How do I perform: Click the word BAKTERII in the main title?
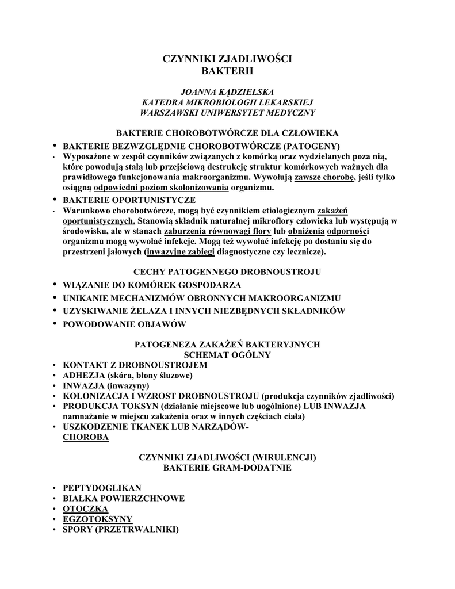tap(228, 71)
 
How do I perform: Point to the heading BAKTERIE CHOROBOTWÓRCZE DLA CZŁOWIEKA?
tap(227, 133)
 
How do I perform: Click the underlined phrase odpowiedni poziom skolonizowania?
tap(161, 188)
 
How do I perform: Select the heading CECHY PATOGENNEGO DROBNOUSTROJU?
tap(227, 271)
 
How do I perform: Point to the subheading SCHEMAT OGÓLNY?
tap(227, 355)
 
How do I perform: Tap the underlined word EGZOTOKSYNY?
tap(97, 519)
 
